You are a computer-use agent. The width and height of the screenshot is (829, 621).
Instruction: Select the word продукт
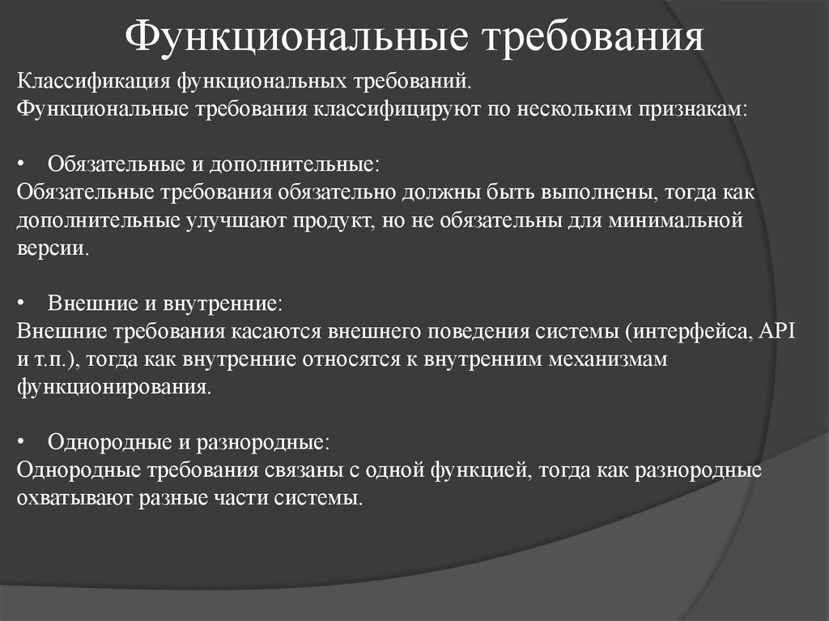click(x=329, y=220)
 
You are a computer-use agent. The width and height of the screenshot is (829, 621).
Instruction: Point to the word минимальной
click(x=676, y=220)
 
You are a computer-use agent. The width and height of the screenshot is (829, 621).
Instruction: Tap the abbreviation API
click(x=780, y=331)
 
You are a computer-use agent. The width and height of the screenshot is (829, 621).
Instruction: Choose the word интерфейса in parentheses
click(x=683, y=331)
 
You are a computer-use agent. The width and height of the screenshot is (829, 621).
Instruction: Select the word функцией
click(x=482, y=470)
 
